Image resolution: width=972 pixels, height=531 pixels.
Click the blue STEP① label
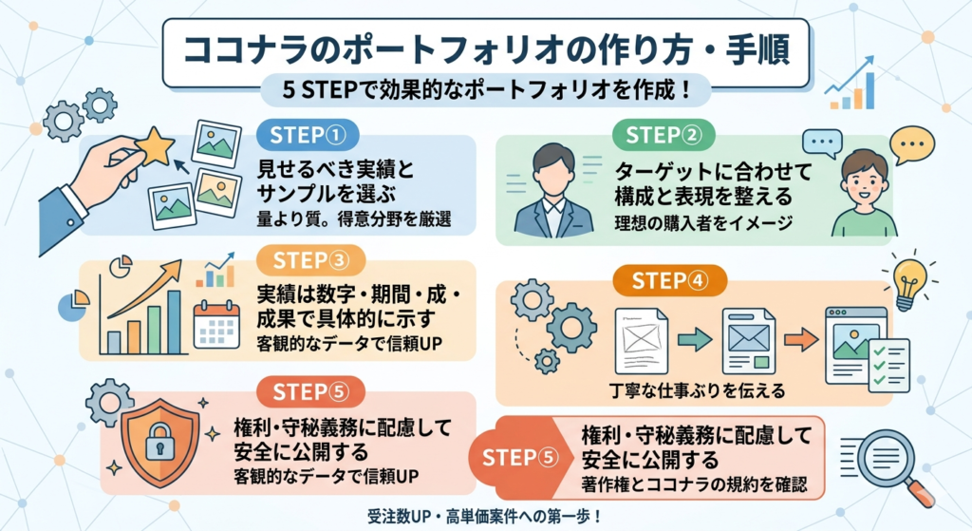(x=306, y=136)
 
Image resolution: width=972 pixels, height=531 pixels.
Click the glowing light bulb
(x=908, y=279)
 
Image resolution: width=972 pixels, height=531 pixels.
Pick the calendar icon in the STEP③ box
(x=216, y=326)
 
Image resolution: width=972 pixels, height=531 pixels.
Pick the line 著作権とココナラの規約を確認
(x=694, y=484)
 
